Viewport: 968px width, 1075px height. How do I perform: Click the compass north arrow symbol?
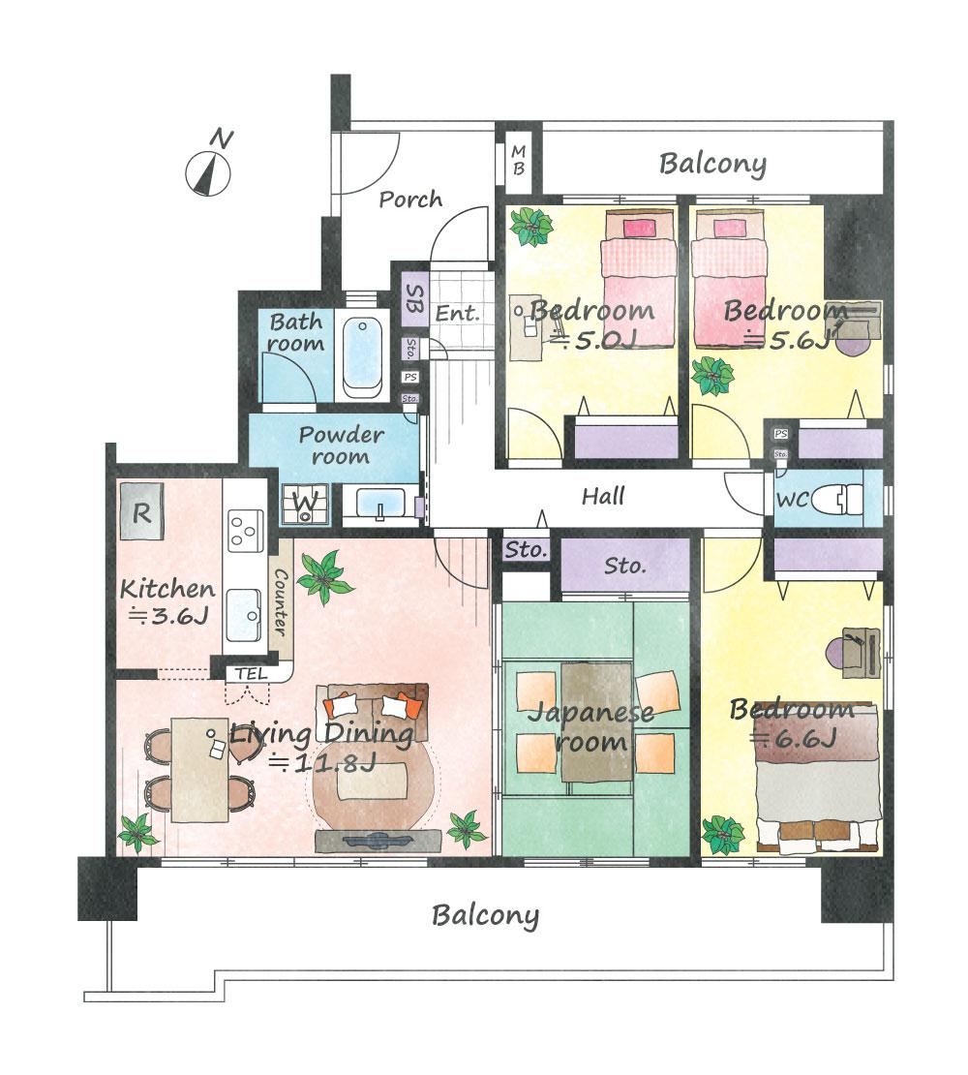click(x=208, y=174)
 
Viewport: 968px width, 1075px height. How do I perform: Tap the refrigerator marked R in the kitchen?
click(x=141, y=511)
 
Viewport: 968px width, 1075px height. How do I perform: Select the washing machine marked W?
click(x=305, y=504)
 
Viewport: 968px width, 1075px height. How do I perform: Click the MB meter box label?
click(x=519, y=159)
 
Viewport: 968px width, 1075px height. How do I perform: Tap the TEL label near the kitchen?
click(x=251, y=674)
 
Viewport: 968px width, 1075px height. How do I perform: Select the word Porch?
click(x=410, y=200)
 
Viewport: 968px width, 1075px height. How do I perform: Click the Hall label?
click(x=603, y=496)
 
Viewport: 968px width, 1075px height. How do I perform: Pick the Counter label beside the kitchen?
click(x=280, y=601)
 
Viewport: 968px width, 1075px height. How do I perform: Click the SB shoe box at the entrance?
click(x=414, y=299)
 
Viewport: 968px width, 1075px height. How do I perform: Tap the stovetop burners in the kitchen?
click(x=246, y=530)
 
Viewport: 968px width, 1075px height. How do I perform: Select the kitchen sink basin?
click(x=244, y=614)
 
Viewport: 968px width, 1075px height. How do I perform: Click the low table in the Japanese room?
click(x=596, y=722)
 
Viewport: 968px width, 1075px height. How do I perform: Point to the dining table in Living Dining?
click(x=199, y=770)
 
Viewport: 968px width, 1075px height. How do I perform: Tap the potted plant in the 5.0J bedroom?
click(x=531, y=227)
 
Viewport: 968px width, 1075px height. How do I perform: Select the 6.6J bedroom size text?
click(x=794, y=739)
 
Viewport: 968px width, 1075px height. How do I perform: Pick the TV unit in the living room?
click(x=378, y=841)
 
